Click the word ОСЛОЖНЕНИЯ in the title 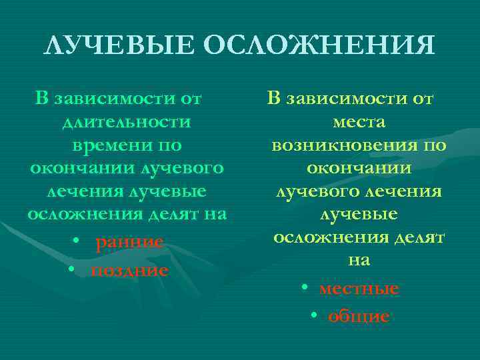(319, 46)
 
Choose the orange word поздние (129, 270)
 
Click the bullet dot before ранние (77, 241)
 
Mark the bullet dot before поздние (77, 269)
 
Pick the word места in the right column (358, 122)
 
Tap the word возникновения (339, 145)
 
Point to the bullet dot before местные (304, 288)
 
